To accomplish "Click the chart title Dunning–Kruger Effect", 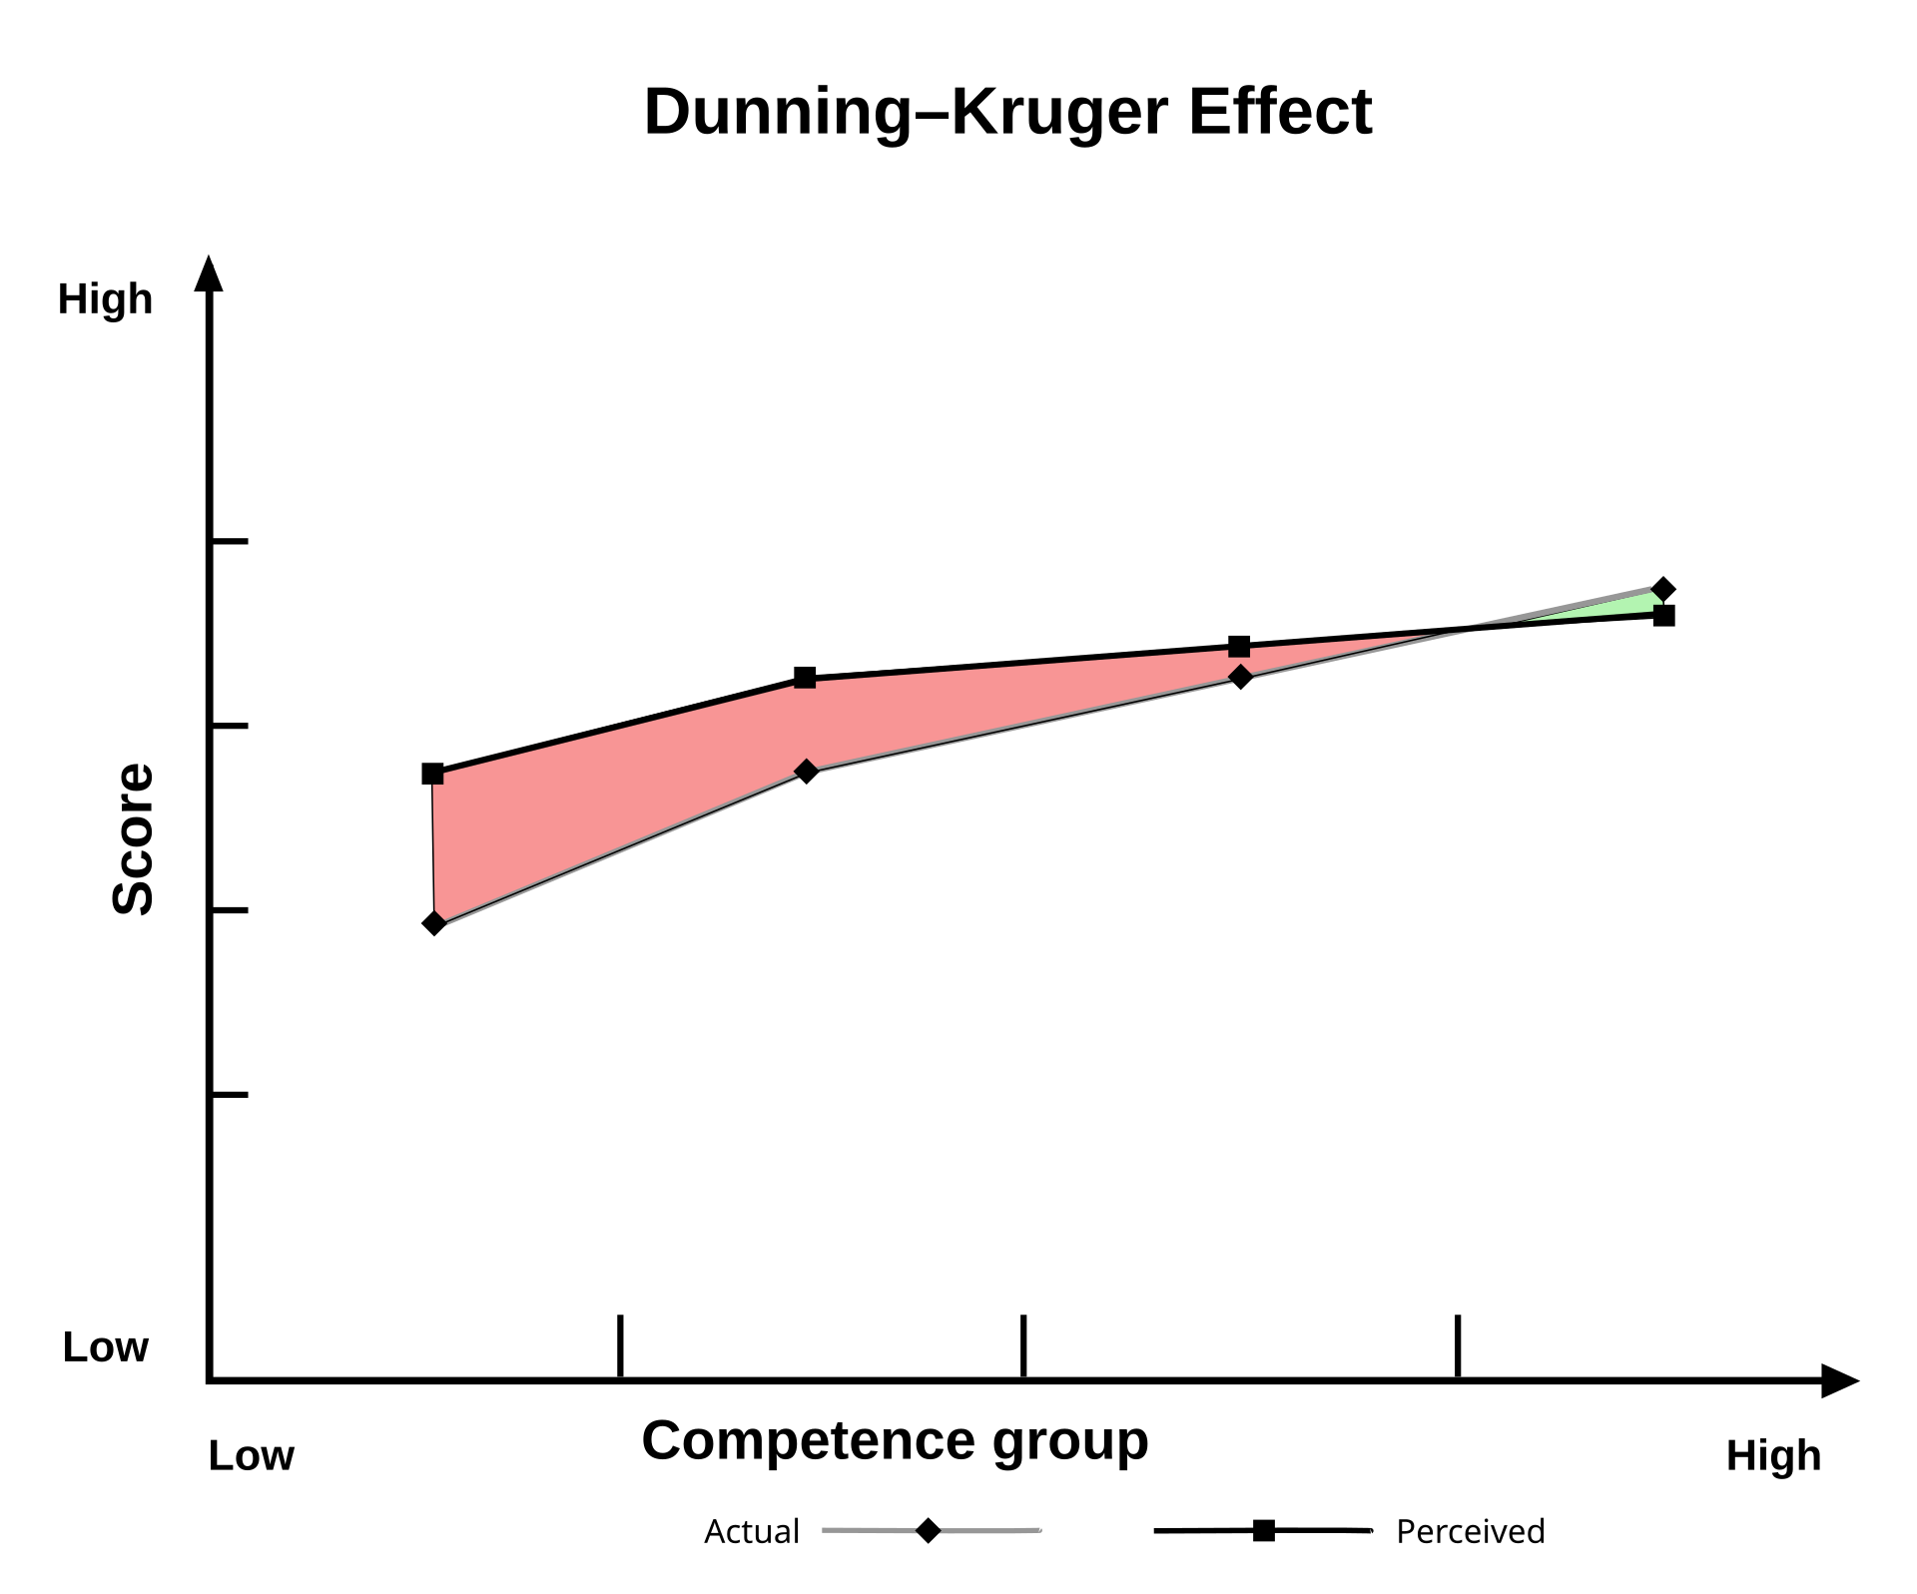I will click(x=1007, y=111).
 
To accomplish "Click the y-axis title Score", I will click(x=133, y=838).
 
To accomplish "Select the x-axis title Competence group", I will click(x=895, y=1440).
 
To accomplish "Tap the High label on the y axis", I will click(x=105, y=299).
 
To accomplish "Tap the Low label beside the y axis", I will click(x=105, y=1347).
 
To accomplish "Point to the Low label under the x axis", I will click(x=251, y=1456).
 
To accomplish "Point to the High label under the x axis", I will click(x=1773, y=1456).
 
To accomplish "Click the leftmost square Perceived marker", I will click(x=432, y=774).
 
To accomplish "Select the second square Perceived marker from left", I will click(x=805, y=679).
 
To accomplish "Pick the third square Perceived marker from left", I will click(x=1239, y=647).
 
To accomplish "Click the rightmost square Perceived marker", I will click(x=1663, y=616).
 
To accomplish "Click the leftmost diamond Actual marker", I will click(x=434, y=923).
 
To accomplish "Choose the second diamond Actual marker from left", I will click(x=807, y=772).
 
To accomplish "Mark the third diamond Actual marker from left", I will click(x=1240, y=677).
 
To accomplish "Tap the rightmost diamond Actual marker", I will click(x=1662, y=589).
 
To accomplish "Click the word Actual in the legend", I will click(x=751, y=1531).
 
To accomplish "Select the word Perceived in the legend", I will click(x=1470, y=1531).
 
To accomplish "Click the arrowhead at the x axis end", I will click(x=1839, y=1381).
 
